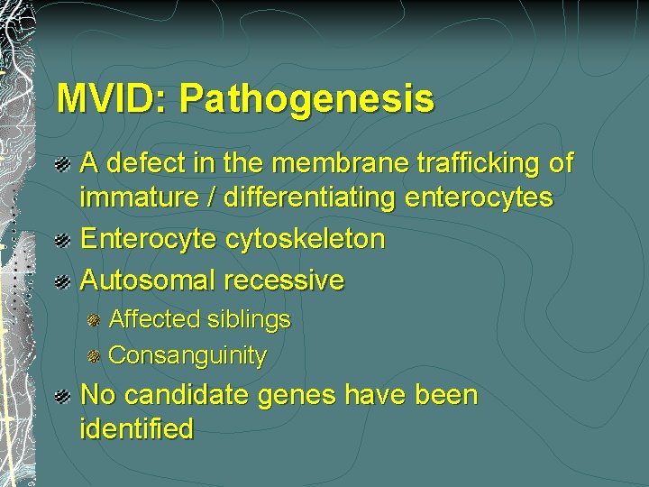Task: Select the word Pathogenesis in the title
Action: (x=306, y=99)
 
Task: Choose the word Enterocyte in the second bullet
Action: (x=149, y=239)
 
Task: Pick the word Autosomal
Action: (x=147, y=280)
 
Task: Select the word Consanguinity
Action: (x=187, y=355)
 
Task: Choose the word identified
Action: (x=136, y=429)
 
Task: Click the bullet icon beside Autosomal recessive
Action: (x=61, y=281)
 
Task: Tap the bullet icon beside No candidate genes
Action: (x=61, y=397)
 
